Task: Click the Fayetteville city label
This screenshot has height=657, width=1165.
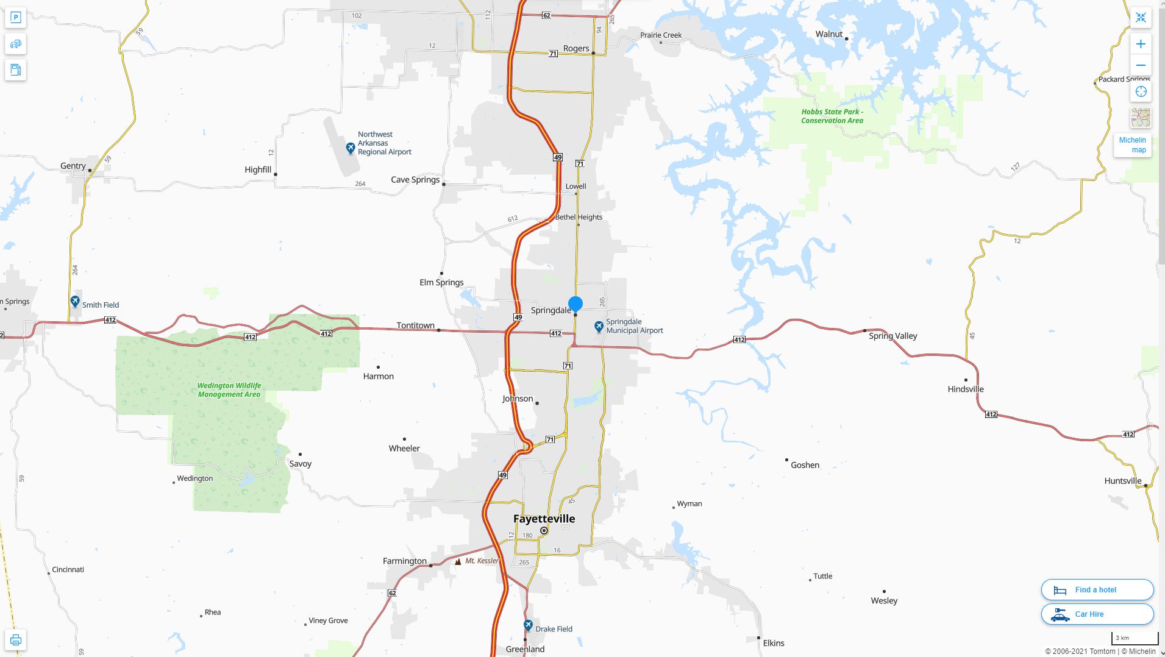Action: click(x=544, y=519)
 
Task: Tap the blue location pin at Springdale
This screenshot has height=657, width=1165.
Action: click(x=575, y=304)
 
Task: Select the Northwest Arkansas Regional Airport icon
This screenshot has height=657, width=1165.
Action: click(x=351, y=148)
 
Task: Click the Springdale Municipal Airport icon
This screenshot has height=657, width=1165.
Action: click(x=599, y=327)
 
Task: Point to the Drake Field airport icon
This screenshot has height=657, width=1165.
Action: click(x=528, y=626)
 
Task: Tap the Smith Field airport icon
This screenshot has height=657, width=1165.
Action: click(x=75, y=302)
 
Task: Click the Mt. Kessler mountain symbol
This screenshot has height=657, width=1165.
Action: click(x=458, y=561)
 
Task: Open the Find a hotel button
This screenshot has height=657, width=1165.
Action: click(x=1097, y=590)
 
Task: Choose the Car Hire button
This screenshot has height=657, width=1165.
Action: click(x=1097, y=614)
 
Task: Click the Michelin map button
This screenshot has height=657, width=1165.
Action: click(x=1132, y=145)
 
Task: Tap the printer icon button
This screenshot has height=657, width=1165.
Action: click(x=16, y=640)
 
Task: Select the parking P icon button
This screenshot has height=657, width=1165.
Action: click(x=16, y=18)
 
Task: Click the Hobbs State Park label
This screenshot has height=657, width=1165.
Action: click(x=832, y=116)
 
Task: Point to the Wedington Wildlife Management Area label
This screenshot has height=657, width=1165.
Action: click(x=229, y=390)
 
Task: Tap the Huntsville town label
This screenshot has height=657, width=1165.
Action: click(x=1122, y=481)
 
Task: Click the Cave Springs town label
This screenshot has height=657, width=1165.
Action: click(x=415, y=180)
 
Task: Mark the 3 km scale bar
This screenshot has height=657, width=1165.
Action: click(x=1135, y=639)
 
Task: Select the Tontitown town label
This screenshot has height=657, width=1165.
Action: click(x=415, y=325)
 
